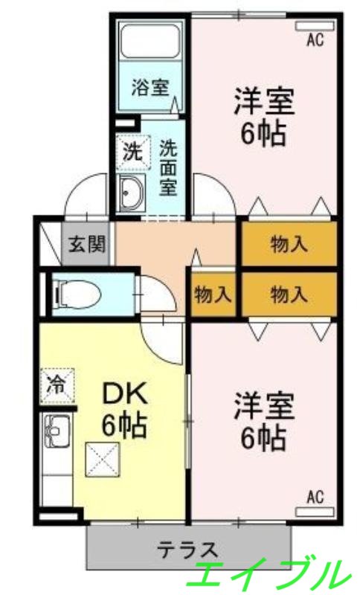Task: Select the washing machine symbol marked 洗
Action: pos(132,152)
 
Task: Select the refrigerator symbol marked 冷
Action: pos(56,385)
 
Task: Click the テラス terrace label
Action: pos(187,550)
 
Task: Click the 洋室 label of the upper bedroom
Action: pos(265,101)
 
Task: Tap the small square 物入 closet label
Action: pos(213,295)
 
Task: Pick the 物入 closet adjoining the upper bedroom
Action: pos(289,243)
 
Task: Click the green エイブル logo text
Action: pos(271,575)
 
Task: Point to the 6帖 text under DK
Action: pos(123,426)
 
